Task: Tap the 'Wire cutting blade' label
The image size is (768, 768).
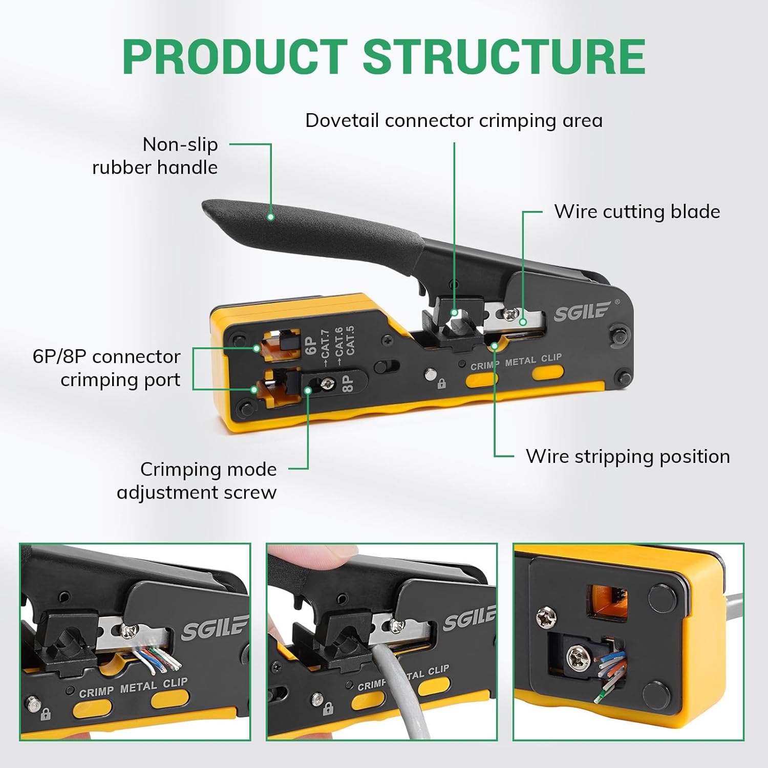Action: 637,211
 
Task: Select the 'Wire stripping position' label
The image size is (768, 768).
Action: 628,456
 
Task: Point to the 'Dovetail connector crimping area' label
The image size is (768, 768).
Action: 454,121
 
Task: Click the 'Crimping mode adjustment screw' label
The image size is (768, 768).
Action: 197,481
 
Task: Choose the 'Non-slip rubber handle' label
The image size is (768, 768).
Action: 155,156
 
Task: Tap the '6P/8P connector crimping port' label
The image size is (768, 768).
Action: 106,368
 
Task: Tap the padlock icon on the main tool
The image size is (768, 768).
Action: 441,383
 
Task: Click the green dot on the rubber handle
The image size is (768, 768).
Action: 271,217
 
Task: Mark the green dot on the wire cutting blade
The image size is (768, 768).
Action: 522,322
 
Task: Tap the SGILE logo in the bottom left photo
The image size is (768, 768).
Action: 214,628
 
